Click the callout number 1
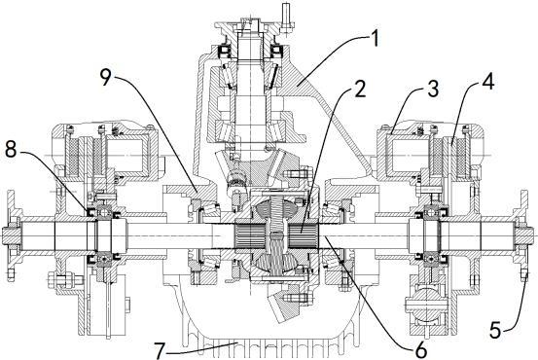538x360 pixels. click(375, 38)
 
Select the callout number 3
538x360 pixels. click(434, 89)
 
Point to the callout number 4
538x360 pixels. click(488, 83)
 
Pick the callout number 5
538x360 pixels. click(496, 331)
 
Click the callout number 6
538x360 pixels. click(421, 349)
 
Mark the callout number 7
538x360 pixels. click(160, 350)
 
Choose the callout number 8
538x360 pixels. click(11, 149)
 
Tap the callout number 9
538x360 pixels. click(106, 77)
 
